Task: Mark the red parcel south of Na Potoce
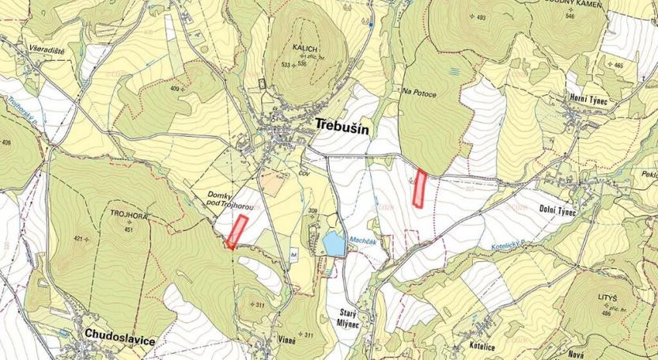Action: click(420, 189)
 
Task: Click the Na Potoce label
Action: click(419, 91)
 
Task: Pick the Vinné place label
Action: click(287, 340)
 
